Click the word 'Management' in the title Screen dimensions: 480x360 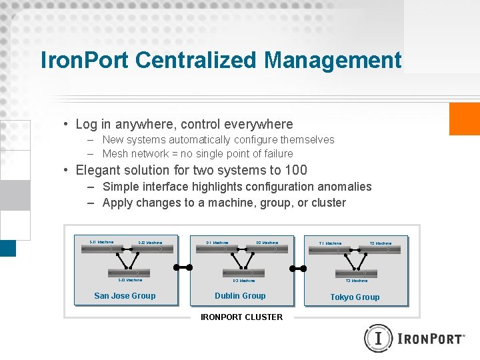coord(333,60)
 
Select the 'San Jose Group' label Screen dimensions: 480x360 coord(125,296)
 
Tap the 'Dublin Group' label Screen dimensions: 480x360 coord(240,296)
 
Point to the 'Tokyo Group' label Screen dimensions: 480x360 coord(355,297)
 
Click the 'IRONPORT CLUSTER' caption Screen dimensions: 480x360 coord(241,317)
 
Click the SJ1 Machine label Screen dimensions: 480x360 coord(101,242)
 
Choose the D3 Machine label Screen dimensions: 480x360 coord(244,281)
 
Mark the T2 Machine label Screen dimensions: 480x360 coord(381,243)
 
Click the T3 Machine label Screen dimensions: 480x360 coord(357,281)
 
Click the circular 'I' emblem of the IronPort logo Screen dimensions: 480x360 coord(379,339)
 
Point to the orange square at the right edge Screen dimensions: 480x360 coord(465,119)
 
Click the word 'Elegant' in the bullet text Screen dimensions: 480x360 coord(97,170)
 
